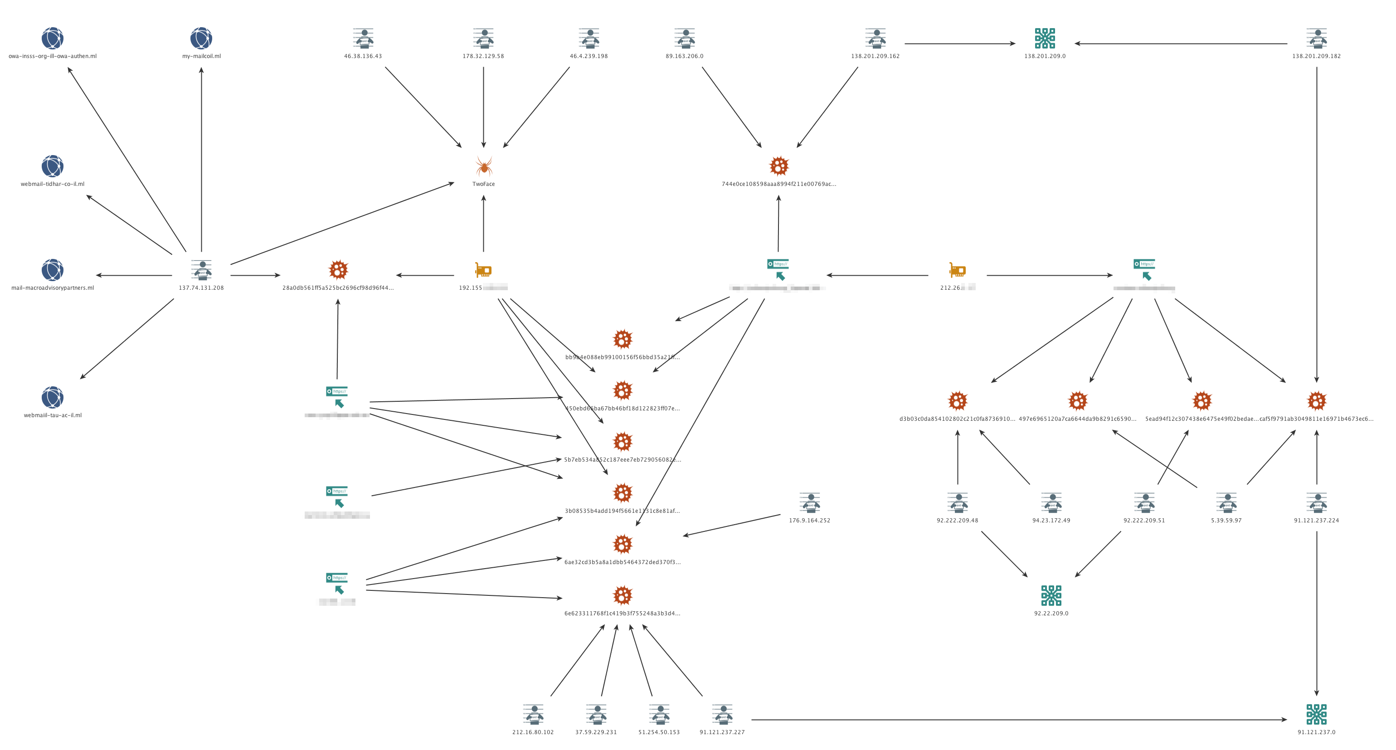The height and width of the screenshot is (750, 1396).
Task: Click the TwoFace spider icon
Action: coord(483,166)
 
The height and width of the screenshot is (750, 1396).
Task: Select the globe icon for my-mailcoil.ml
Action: coord(201,39)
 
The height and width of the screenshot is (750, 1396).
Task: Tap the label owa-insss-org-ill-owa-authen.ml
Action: coord(53,56)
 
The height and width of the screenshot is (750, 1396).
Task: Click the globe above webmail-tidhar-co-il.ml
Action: coord(53,166)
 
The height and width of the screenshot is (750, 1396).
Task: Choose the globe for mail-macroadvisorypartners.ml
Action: coord(53,270)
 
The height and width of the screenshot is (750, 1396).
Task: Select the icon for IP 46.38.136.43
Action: coord(363,39)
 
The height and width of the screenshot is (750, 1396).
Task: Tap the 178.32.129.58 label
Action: coord(483,56)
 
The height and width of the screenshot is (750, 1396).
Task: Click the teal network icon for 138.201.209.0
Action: coord(1044,39)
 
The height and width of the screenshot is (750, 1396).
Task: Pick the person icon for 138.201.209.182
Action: coord(1316,39)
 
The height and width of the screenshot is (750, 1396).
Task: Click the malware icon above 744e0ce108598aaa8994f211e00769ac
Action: coord(779,166)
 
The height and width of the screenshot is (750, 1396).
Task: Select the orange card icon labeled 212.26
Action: coord(957,270)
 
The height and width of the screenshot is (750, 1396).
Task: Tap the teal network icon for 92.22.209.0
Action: coord(1051,595)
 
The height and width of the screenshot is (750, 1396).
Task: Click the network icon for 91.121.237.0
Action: coord(1316,714)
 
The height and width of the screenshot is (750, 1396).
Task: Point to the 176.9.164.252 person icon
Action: coord(810,502)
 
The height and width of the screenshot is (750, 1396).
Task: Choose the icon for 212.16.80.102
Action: coord(533,714)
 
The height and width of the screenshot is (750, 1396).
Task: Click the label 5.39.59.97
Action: coord(1226,521)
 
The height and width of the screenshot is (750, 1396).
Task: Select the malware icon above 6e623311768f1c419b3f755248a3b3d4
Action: coord(622,595)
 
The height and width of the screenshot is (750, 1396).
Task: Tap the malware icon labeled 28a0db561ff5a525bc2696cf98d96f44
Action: coord(338,270)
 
